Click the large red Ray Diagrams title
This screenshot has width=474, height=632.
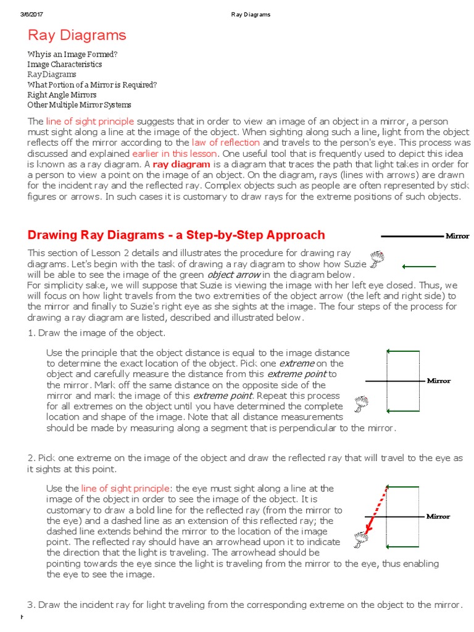(77, 35)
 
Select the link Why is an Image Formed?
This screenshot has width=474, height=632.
(72, 54)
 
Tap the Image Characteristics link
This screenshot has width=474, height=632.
(65, 64)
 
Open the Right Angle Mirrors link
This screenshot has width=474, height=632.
(62, 95)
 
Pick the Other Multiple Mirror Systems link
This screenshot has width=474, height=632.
(79, 105)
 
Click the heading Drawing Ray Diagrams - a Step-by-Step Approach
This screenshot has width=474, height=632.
(176, 235)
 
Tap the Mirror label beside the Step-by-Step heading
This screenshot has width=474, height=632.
(457, 236)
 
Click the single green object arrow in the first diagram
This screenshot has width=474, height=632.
(419, 267)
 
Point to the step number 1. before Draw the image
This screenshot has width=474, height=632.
(31, 333)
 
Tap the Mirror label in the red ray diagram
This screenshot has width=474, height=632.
(438, 516)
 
